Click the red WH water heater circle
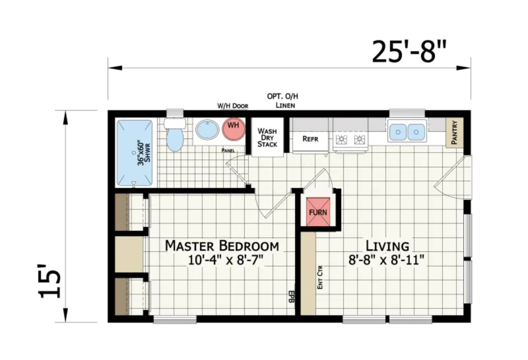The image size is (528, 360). click(x=233, y=129)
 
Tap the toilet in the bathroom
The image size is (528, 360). click(x=175, y=135)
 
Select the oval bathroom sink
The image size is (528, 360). click(x=207, y=130)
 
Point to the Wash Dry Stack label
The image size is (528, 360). click(x=268, y=137)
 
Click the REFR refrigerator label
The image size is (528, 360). click(x=310, y=139)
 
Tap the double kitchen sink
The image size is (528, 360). click(x=407, y=131)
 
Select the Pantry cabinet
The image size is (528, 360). click(x=455, y=132)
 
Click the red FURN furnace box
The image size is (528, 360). click(x=318, y=212)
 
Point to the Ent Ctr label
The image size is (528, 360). click(x=320, y=277)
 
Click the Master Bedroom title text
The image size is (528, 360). click(x=222, y=246)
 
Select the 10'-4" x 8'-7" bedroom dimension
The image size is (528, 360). click(x=226, y=261)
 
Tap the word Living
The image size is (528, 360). click(x=387, y=246)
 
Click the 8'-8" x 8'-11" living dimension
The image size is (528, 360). click(x=386, y=261)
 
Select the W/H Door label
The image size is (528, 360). click(x=233, y=106)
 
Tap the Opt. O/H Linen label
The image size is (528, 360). click(x=282, y=100)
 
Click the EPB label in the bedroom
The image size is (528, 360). click(x=292, y=296)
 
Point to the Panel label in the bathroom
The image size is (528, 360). click(x=228, y=151)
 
